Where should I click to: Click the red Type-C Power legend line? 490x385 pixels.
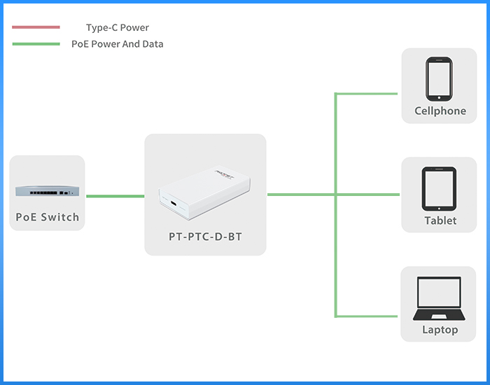click(36, 27)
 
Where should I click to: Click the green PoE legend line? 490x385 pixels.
click(36, 44)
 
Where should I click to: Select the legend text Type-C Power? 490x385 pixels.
click(118, 27)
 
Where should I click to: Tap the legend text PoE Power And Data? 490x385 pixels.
click(118, 44)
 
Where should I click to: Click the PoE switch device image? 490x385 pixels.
click(47, 190)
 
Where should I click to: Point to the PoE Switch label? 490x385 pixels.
click(48, 217)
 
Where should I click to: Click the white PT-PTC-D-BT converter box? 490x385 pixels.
click(204, 192)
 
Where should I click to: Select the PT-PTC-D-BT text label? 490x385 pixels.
click(205, 237)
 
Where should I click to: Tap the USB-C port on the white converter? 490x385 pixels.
click(174, 204)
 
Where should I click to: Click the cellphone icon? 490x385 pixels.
click(439, 79)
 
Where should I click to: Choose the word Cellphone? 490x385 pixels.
click(440, 111)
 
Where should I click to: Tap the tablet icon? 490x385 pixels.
click(439, 189)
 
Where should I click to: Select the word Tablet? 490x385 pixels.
click(440, 220)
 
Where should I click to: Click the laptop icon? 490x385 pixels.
click(439, 298)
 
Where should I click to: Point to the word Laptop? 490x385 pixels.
click(440, 330)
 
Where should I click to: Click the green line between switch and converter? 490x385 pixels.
click(115, 196)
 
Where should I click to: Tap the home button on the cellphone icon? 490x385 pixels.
click(439, 98)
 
